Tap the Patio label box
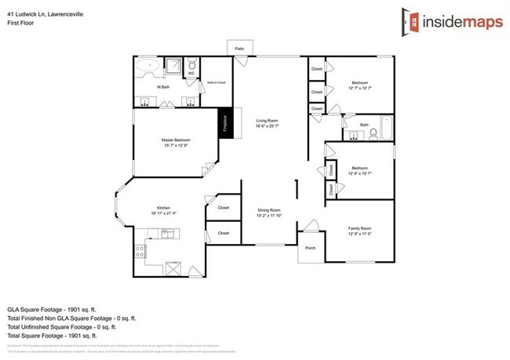[240, 49]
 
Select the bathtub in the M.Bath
[147, 70]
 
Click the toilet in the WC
[191, 65]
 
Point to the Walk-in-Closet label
[217, 82]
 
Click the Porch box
[310, 248]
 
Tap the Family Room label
[360, 229]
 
